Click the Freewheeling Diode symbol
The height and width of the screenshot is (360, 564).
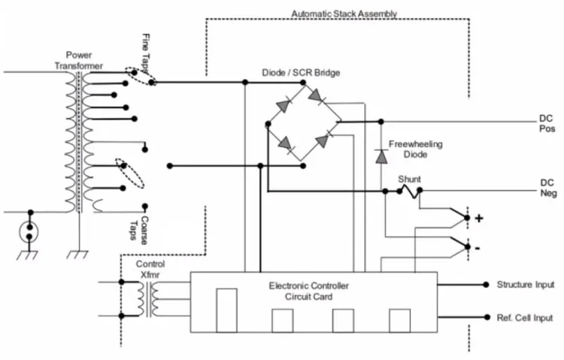pyautogui.click(x=381, y=157)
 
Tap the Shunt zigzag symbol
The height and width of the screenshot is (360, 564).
pyautogui.click(x=409, y=191)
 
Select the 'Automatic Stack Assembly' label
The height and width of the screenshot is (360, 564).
pyautogui.click(x=344, y=14)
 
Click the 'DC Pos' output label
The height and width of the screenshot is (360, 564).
pyautogui.click(x=547, y=123)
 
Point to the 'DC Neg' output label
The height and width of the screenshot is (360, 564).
pyautogui.click(x=548, y=188)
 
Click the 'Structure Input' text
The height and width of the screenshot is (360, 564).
pyautogui.click(x=526, y=285)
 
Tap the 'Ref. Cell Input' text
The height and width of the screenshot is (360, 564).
pyautogui.click(x=525, y=318)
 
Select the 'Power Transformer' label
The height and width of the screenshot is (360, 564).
pyautogui.click(x=78, y=60)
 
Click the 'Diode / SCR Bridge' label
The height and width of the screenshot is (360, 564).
pyautogui.click(x=301, y=73)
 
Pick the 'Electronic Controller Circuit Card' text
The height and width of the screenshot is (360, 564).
pyautogui.click(x=308, y=292)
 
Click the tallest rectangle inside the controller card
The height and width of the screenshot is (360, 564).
pyautogui.click(x=226, y=310)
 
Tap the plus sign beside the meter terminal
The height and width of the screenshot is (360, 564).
pyautogui.click(x=479, y=218)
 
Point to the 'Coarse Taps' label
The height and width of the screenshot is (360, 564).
pyautogui.click(x=139, y=230)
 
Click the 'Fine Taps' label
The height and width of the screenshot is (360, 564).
pyautogui.click(x=146, y=53)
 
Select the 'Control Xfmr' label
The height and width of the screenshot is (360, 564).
pyautogui.click(x=150, y=269)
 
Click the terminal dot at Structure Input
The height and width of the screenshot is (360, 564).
pyautogui.click(x=486, y=285)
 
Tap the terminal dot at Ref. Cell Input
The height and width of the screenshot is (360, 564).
pyautogui.click(x=487, y=317)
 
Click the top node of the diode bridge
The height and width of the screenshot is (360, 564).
pyautogui.click(x=303, y=83)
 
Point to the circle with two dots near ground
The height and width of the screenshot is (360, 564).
pyautogui.click(x=29, y=232)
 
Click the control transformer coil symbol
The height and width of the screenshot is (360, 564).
pyautogui.click(x=147, y=299)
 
